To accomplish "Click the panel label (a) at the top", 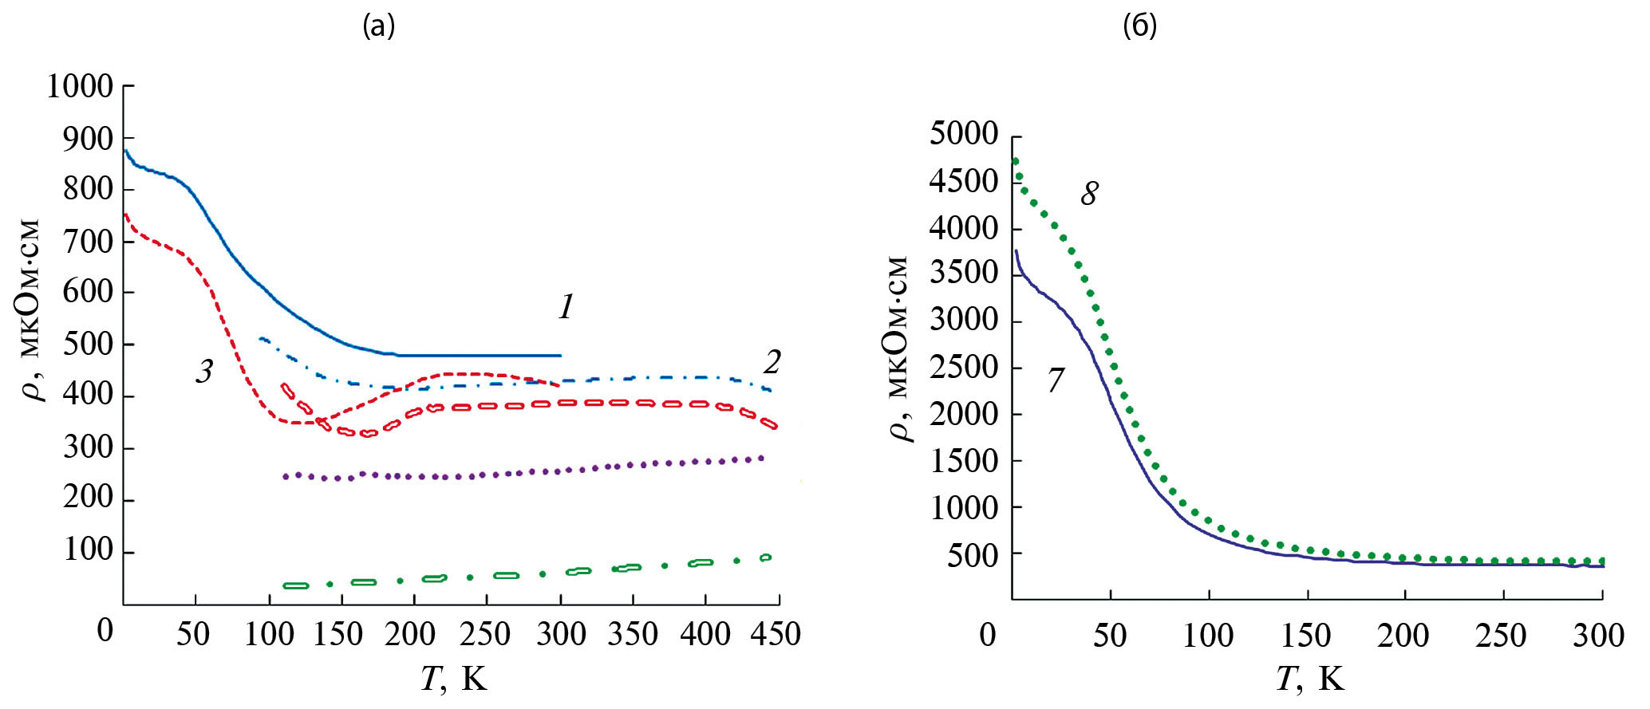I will (x=379, y=26).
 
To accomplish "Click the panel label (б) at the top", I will (x=1139, y=26).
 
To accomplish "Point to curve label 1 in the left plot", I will (x=566, y=307).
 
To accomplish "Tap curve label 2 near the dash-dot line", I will (x=771, y=362).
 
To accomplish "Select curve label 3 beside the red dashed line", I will (x=204, y=371).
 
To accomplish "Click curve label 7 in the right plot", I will (x=1056, y=380).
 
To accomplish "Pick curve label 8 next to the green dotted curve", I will (x=1089, y=193).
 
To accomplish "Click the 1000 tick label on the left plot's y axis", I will (x=80, y=86).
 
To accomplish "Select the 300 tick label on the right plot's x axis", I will (x=1598, y=636).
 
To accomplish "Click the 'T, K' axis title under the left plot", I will (x=453, y=679).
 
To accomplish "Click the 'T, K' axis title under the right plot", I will (x=1310, y=679).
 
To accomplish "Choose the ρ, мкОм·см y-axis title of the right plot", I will (x=898, y=349).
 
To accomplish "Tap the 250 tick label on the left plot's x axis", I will (x=485, y=634).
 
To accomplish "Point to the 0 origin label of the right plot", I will (x=988, y=635).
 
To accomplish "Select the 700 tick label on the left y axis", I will (x=88, y=240).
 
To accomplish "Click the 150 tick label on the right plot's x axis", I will (x=1305, y=636).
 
